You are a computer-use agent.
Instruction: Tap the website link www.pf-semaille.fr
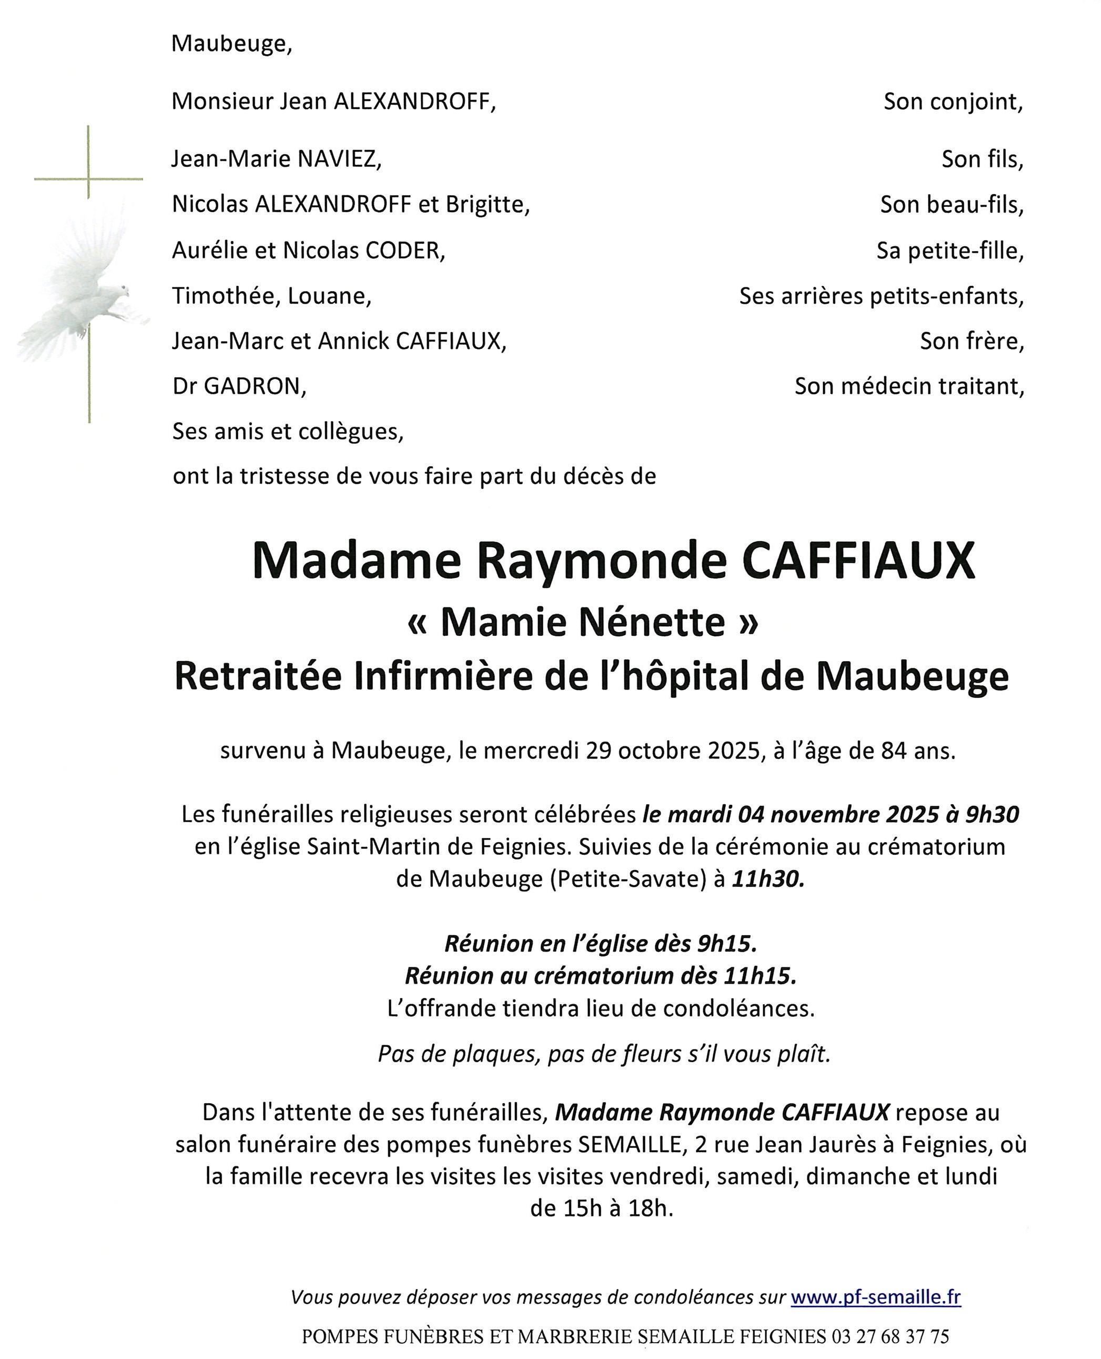coord(875,1297)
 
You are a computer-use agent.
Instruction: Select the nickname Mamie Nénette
coord(582,622)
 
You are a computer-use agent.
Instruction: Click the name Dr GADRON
coord(239,386)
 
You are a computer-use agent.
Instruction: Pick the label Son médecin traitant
coord(909,386)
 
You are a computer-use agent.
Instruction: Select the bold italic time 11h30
coord(767,879)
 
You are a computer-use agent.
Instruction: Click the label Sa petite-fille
coord(950,251)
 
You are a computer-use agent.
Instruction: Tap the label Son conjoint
coord(953,102)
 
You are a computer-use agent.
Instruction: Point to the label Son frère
coord(972,342)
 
